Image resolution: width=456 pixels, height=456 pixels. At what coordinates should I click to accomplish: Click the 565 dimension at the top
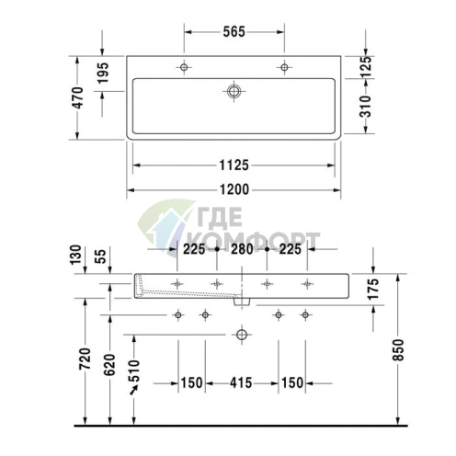(234, 30)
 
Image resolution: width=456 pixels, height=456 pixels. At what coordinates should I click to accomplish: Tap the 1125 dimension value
(234, 165)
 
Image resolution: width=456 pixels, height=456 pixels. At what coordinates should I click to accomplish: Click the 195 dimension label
(103, 70)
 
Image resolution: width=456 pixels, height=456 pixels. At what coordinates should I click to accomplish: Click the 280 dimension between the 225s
(242, 248)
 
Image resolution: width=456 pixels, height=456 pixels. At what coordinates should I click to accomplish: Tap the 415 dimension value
(242, 382)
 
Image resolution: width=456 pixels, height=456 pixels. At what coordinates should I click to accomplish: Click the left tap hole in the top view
(185, 68)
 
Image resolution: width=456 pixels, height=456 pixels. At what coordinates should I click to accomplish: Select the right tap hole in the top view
(284, 68)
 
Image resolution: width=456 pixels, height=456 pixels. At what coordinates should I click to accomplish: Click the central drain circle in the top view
(234, 91)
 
